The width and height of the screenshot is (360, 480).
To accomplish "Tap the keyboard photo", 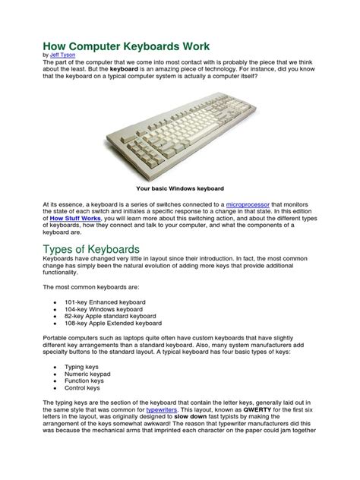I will tap(179, 137).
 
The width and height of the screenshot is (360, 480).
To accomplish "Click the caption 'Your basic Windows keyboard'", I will tap(179, 187).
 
